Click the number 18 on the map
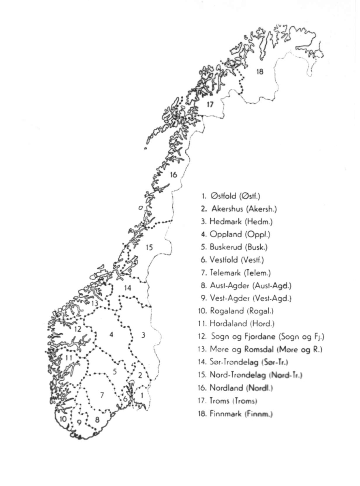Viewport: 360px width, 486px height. pyautogui.click(x=259, y=72)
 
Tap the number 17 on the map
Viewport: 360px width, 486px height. pyautogui.click(x=210, y=104)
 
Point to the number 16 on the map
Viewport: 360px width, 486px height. pyautogui.click(x=174, y=175)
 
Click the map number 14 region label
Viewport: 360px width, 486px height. pyautogui.click(x=128, y=288)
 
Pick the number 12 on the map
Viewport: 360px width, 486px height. pyautogui.click(x=77, y=329)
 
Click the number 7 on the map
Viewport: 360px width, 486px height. pyautogui.click(x=102, y=395)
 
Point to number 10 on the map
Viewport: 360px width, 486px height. pyautogui.click(x=63, y=419)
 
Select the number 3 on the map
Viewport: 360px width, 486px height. pyautogui.click(x=144, y=335)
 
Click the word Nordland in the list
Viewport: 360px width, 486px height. pyautogui.click(x=226, y=387)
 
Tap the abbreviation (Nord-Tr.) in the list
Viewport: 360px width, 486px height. pyautogui.click(x=286, y=375)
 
